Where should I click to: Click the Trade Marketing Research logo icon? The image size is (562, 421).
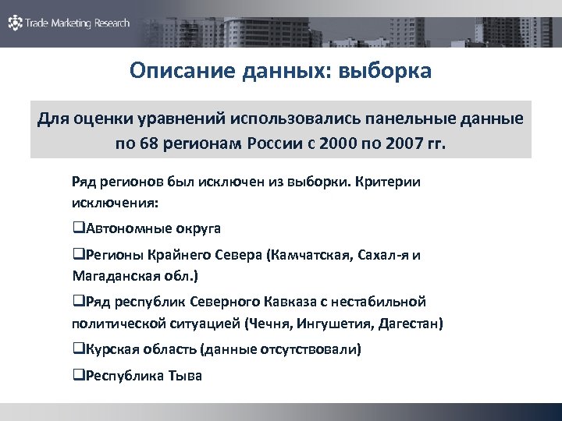point(15,23)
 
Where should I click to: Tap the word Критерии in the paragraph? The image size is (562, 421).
point(387,182)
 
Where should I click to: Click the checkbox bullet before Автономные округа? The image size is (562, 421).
point(76,229)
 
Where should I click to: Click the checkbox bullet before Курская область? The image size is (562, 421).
point(76,348)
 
